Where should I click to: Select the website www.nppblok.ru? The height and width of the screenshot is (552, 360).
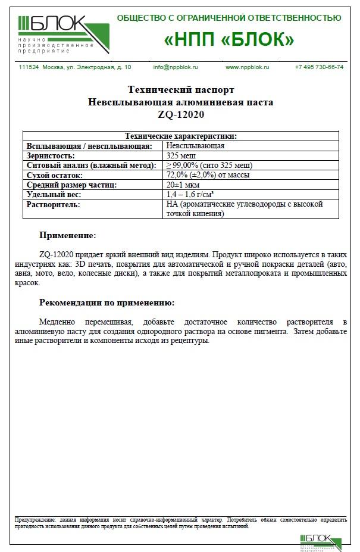pyautogui.click(x=247, y=67)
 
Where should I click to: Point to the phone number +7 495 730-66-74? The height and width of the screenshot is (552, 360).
pyautogui.click(x=319, y=67)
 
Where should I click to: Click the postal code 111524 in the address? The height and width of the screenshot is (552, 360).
pyautogui.click(x=29, y=67)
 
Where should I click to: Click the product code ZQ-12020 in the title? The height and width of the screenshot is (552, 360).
pyautogui.click(x=180, y=114)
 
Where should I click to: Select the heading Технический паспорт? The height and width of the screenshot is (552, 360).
pyautogui.click(x=180, y=90)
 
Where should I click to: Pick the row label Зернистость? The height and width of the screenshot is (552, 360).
pyautogui.click(x=51, y=155)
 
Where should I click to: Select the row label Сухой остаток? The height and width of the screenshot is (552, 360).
pyautogui.click(x=55, y=175)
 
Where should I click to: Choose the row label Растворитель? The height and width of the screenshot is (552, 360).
pyautogui.click(x=53, y=204)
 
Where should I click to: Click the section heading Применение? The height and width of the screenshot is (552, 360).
pyautogui.click(x=67, y=236)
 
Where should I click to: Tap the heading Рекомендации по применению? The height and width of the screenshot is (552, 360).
pyautogui.click(x=107, y=302)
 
